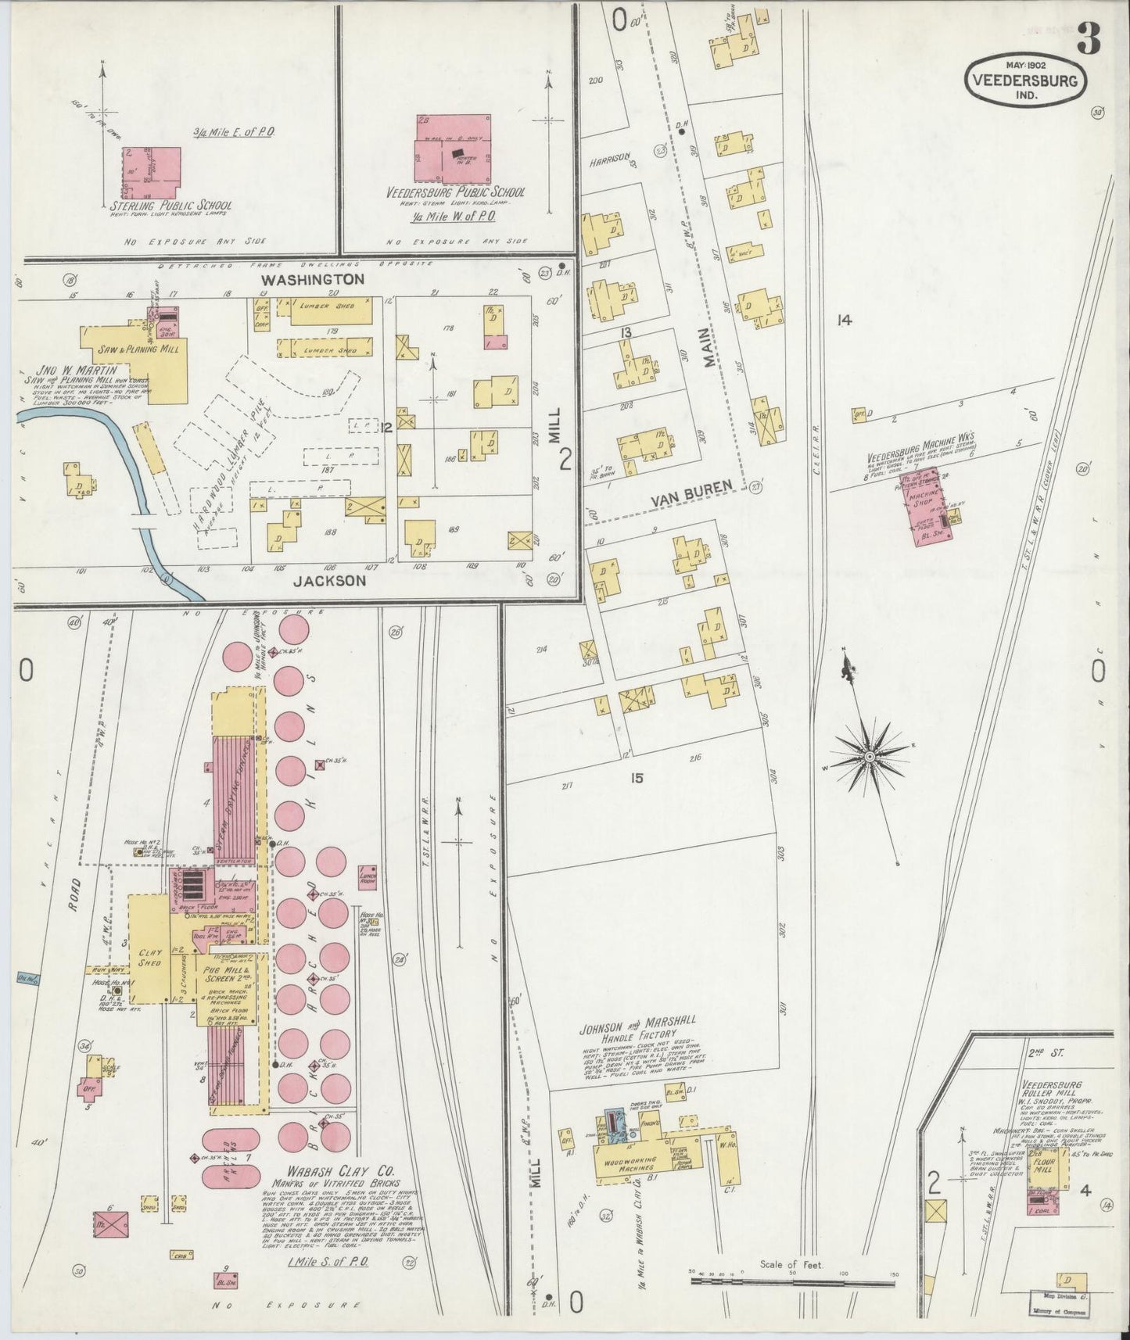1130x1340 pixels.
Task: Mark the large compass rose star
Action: pyautogui.click(x=869, y=757)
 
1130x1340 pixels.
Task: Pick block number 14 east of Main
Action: pyautogui.click(x=843, y=320)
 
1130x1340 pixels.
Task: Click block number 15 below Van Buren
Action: pyautogui.click(x=637, y=778)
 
